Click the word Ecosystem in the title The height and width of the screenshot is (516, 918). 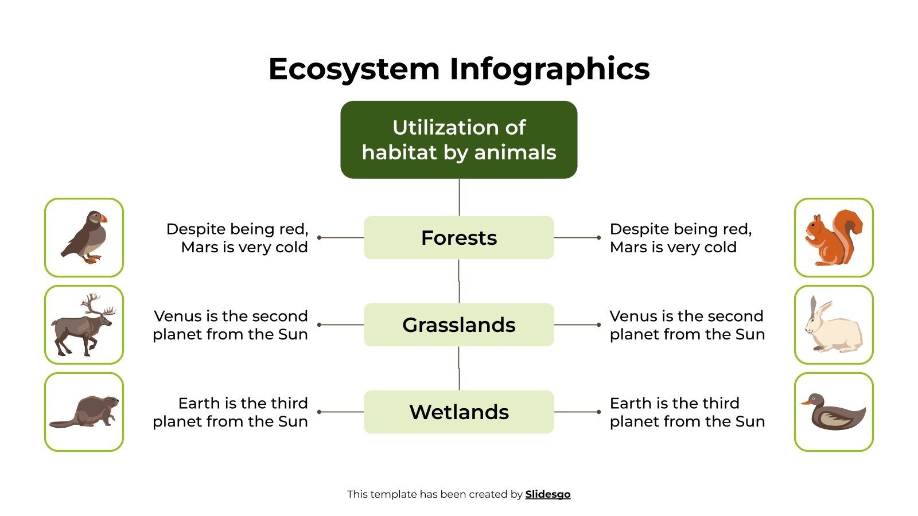tap(353, 69)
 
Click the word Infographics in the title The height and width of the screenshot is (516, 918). tap(549, 69)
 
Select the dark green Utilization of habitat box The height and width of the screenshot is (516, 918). tap(458, 140)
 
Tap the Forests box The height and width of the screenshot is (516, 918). tap(458, 238)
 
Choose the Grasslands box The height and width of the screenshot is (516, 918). tap(458, 325)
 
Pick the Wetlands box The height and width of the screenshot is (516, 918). tap(458, 412)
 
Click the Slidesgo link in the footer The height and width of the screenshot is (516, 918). tap(547, 494)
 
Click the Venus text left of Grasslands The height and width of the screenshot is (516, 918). tap(231, 325)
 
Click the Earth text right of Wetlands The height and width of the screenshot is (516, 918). tap(687, 412)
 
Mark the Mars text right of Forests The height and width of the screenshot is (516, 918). tap(680, 238)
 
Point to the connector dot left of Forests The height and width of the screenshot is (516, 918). tap(319, 237)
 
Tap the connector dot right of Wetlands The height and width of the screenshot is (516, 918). tap(598, 412)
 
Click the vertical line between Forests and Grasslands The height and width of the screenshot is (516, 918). tap(459, 281)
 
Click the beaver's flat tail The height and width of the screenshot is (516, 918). tap(62, 424)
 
